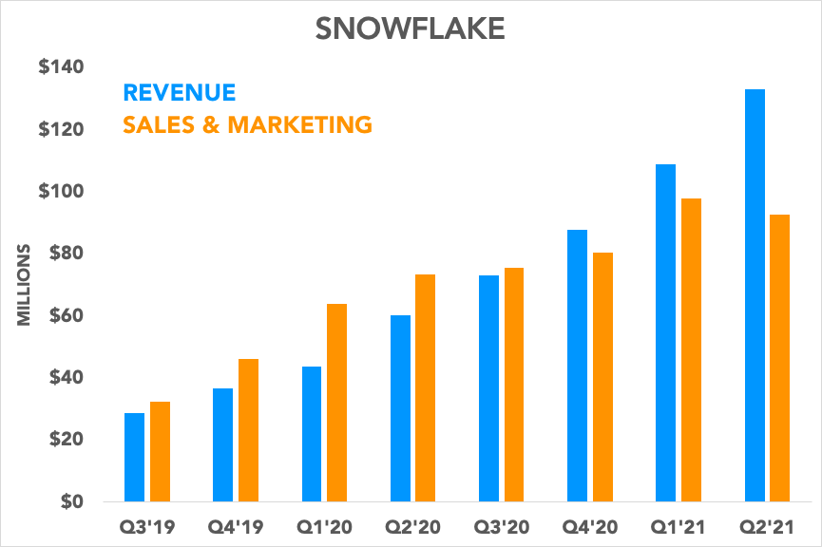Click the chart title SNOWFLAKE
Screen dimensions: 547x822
coord(411,28)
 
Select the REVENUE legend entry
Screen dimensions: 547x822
coord(179,92)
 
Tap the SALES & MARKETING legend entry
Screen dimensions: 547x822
coord(247,123)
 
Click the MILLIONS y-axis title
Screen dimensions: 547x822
coord(26,286)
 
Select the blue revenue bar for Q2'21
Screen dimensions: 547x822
coord(755,295)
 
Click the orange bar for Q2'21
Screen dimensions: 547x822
coord(780,358)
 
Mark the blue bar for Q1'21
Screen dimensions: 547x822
coord(665,332)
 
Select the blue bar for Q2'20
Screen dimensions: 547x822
coord(400,408)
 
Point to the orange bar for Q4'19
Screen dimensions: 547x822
coord(249,430)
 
